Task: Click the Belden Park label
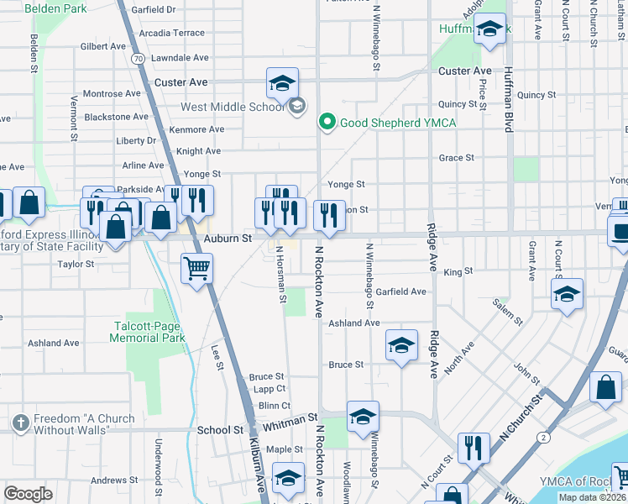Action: click(x=55, y=8)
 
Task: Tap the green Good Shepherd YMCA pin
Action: click(x=327, y=123)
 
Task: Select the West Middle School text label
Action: click(x=232, y=108)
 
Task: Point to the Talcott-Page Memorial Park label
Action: click(x=147, y=332)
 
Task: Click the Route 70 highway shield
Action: click(x=137, y=58)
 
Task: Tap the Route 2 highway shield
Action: click(x=545, y=438)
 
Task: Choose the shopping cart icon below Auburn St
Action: click(x=196, y=269)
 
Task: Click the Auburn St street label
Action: click(x=228, y=239)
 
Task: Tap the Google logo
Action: click(x=29, y=493)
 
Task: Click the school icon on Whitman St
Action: click(x=363, y=417)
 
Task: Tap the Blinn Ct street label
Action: click(x=274, y=405)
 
